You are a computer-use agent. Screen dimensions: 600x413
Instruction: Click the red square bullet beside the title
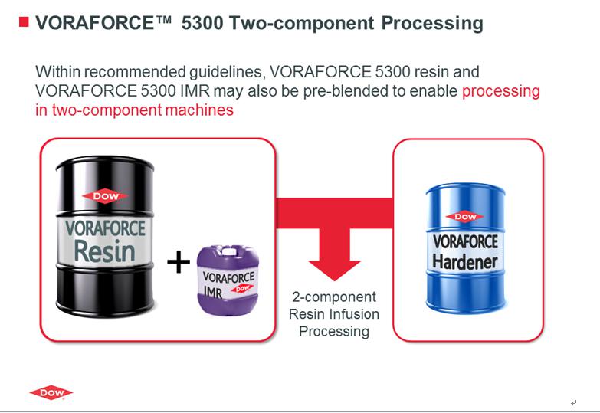click(24, 22)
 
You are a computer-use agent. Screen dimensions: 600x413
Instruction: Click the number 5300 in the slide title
click(202, 23)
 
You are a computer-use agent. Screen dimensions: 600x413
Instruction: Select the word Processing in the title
click(432, 24)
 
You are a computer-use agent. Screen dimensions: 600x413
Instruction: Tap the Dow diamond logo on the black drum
click(106, 196)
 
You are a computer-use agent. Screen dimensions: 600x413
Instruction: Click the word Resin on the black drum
click(104, 251)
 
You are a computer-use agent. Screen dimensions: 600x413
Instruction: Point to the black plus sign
click(179, 262)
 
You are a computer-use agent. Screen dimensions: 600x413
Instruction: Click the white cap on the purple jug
click(230, 251)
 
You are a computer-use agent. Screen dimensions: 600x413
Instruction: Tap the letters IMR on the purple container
click(213, 293)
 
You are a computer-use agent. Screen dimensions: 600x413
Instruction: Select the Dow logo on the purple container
click(242, 289)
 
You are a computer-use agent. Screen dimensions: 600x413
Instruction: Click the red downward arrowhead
click(334, 270)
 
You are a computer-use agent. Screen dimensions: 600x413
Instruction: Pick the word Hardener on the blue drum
click(464, 261)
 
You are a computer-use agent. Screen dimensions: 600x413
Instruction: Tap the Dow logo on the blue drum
click(465, 217)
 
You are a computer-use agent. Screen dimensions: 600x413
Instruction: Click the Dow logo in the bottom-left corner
click(51, 392)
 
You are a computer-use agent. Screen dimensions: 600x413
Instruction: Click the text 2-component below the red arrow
click(334, 297)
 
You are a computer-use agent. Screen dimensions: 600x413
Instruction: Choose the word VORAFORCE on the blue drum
click(465, 242)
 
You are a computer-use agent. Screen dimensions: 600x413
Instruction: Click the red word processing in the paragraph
click(501, 92)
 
